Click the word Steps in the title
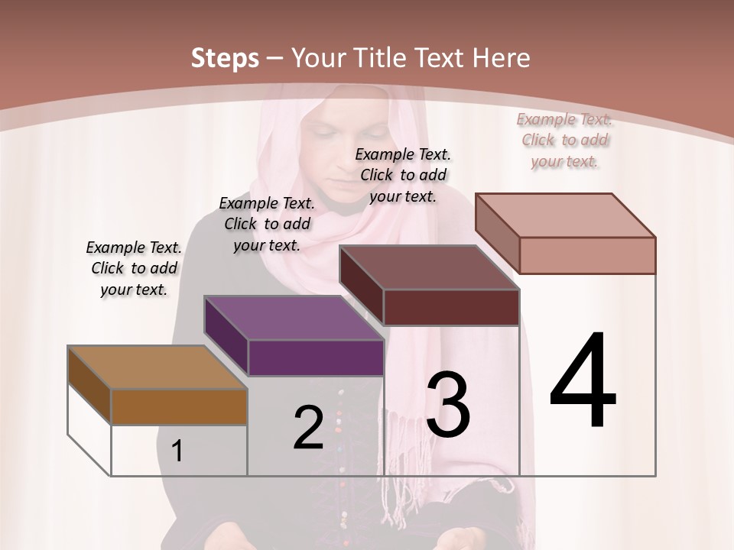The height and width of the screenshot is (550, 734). point(225,58)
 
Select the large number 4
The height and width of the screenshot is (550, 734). point(583,382)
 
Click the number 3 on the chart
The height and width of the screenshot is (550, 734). point(447,405)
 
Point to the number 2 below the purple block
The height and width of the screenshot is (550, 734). point(308,428)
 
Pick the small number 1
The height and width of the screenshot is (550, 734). point(177,451)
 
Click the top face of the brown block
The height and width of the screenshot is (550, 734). point(157,367)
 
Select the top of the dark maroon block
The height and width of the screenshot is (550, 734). point(428,267)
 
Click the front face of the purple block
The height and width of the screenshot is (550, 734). point(316,357)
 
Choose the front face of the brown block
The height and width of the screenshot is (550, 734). point(179,407)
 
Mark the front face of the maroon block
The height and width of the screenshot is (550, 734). point(451,307)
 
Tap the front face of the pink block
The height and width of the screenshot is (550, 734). point(587,255)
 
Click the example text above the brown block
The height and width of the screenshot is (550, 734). point(134,268)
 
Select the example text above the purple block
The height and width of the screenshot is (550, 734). point(267,224)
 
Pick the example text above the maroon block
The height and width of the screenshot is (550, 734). point(403,175)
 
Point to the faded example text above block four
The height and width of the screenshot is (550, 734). point(564,140)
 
